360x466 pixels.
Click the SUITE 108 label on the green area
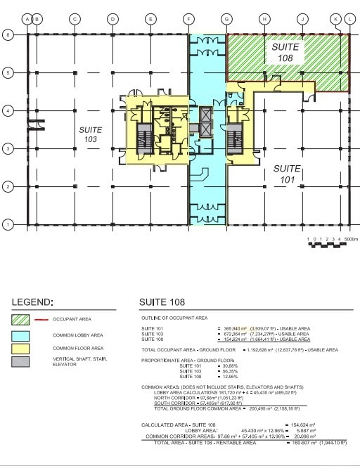point(285,52)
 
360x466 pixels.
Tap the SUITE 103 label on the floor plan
point(90,134)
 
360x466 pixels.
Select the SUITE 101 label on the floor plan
point(287,173)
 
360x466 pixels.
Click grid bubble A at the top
point(27,19)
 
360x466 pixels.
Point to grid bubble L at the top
point(349,19)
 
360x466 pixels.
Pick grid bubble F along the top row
point(188,19)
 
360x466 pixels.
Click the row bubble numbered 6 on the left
point(8,34)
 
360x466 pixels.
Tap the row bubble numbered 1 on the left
point(8,224)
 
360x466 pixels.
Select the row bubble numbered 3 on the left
point(8,148)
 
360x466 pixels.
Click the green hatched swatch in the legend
point(24,320)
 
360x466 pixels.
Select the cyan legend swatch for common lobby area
point(24,335)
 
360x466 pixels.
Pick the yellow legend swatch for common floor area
point(24,349)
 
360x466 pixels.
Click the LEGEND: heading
point(32,303)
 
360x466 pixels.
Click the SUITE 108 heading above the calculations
point(162,303)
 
